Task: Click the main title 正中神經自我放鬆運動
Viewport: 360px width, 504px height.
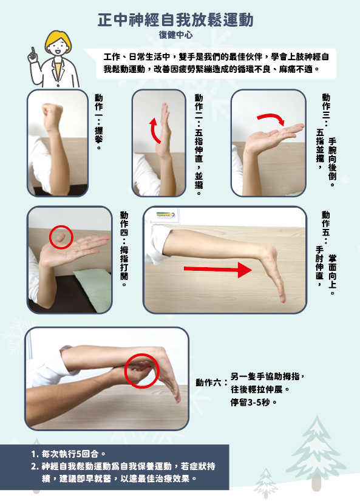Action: (175, 20)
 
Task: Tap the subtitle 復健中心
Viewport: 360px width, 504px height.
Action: (175, 35)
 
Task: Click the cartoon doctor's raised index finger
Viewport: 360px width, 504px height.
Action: (33, 52)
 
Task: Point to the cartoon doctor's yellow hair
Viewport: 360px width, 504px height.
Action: (58, 39)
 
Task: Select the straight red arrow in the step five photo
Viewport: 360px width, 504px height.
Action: (217, 270)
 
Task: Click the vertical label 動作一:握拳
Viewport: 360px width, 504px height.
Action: (99, 122)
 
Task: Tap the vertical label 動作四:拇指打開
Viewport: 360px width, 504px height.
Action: (124, 249)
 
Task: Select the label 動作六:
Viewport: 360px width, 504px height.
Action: (211, 383)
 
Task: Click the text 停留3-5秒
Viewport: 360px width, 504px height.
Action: (253, 402)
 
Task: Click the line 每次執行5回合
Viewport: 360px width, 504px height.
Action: (68, 454)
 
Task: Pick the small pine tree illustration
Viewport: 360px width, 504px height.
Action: (266, 483)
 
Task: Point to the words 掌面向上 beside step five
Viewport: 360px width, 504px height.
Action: (332, 275)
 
